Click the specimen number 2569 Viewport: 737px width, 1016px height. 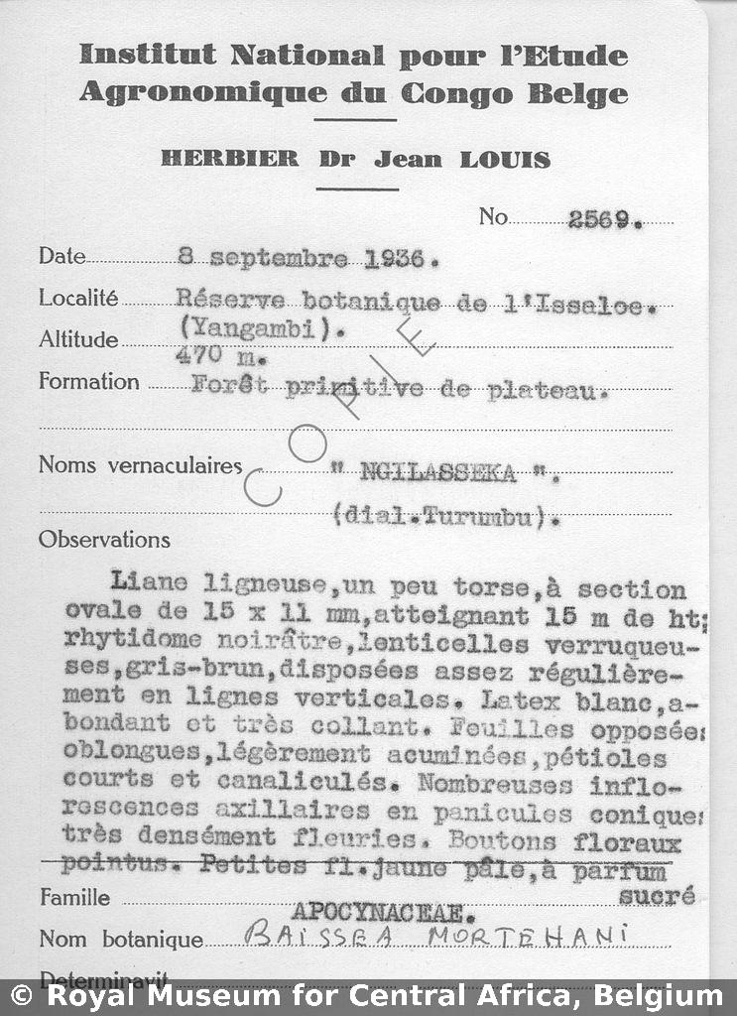click(604, 220)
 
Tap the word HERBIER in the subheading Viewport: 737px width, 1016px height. click(229, 159)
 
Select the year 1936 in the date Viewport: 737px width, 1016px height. click(394, 260)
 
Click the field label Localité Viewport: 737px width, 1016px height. click(78, 298)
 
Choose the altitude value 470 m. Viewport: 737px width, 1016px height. click(211, 355)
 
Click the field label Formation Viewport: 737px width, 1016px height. click(89, 382)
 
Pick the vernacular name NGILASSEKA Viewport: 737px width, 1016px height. click(438, 473)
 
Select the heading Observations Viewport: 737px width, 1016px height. click(104, 540)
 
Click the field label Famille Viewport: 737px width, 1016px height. click(75, 898)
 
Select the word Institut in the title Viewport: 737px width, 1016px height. click(149, 56)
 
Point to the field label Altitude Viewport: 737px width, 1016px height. click(78, 339)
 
